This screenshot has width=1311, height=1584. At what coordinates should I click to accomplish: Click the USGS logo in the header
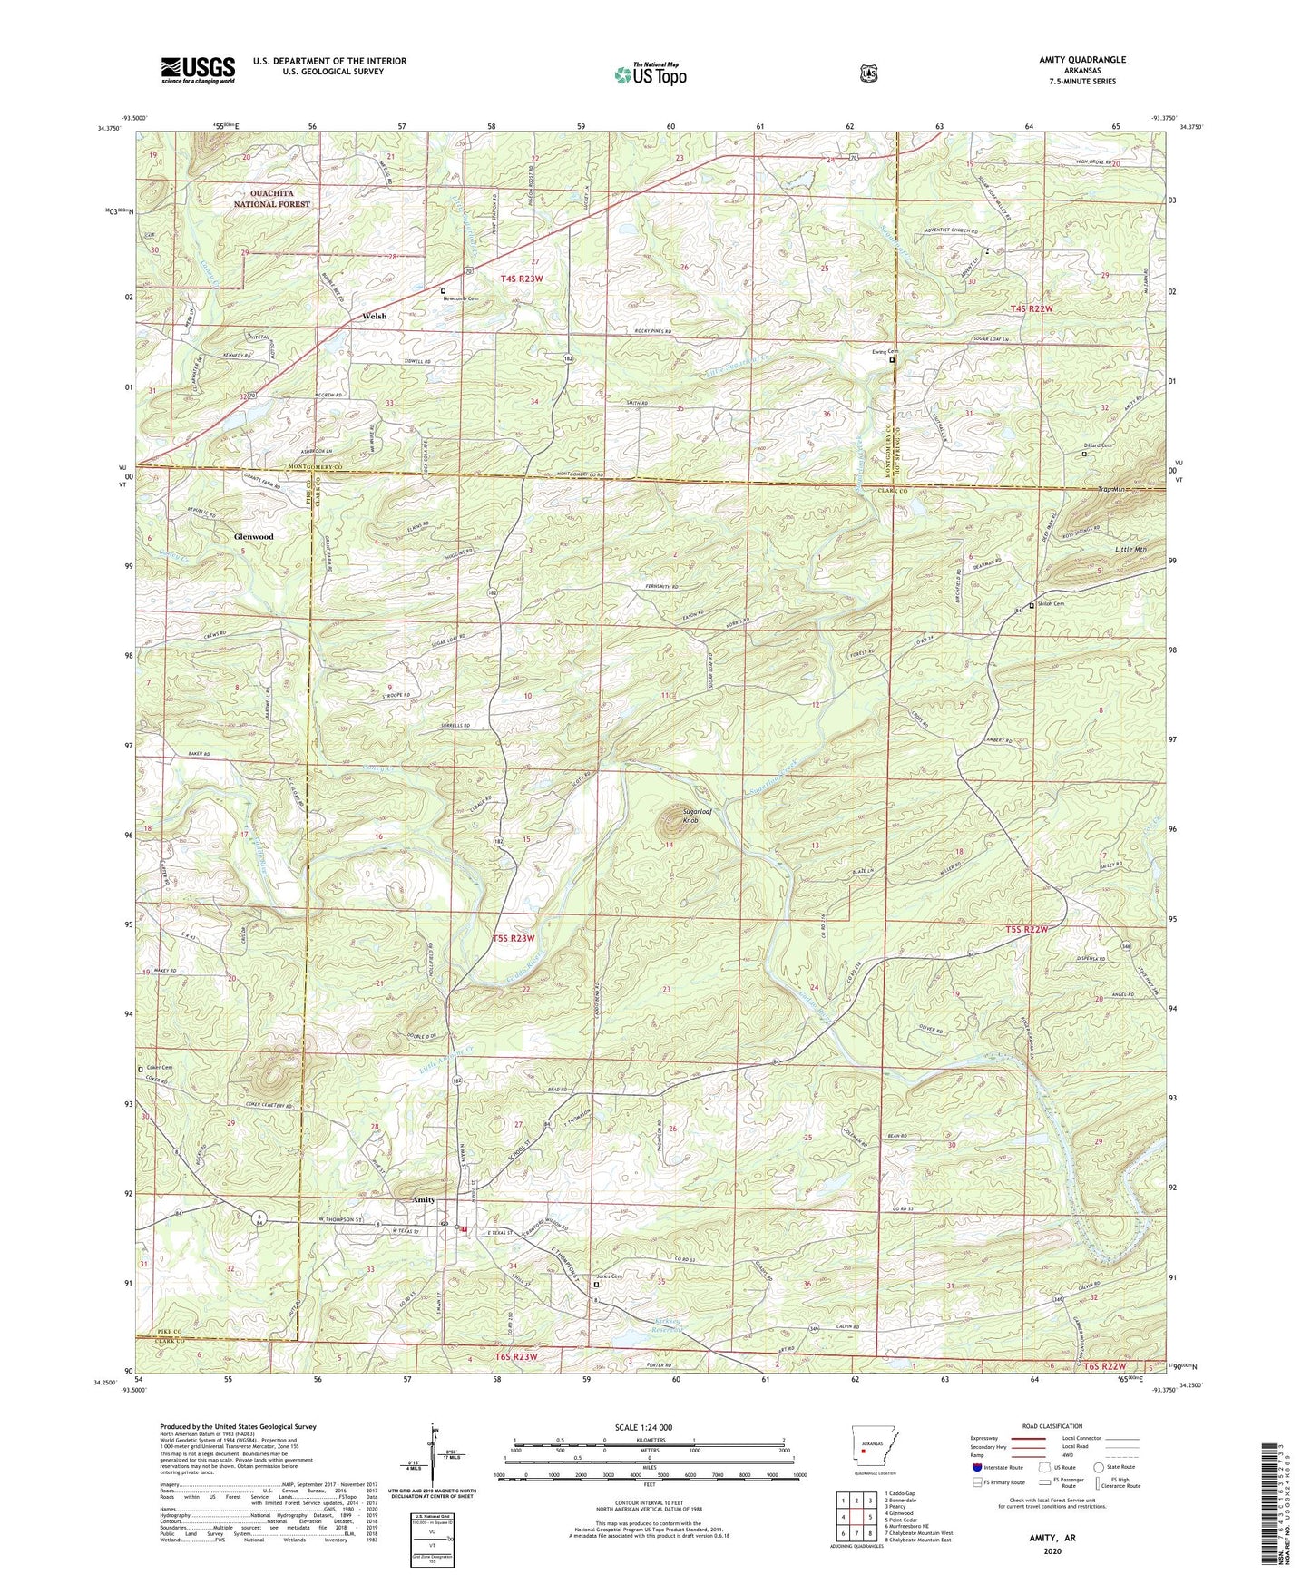[x=198, y=70]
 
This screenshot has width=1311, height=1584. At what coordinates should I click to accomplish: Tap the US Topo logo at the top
[x=650, y=73]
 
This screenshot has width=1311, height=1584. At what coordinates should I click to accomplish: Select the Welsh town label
[x=374, y=317]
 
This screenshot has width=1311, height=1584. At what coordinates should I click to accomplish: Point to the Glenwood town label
[x=253, y=537]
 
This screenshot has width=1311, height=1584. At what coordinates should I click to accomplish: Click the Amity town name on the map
[x=424, y=1199]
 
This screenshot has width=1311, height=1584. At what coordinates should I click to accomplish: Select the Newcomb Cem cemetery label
[x=461, y=298]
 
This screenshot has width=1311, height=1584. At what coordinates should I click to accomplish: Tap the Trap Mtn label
[x=1111, y=490]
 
